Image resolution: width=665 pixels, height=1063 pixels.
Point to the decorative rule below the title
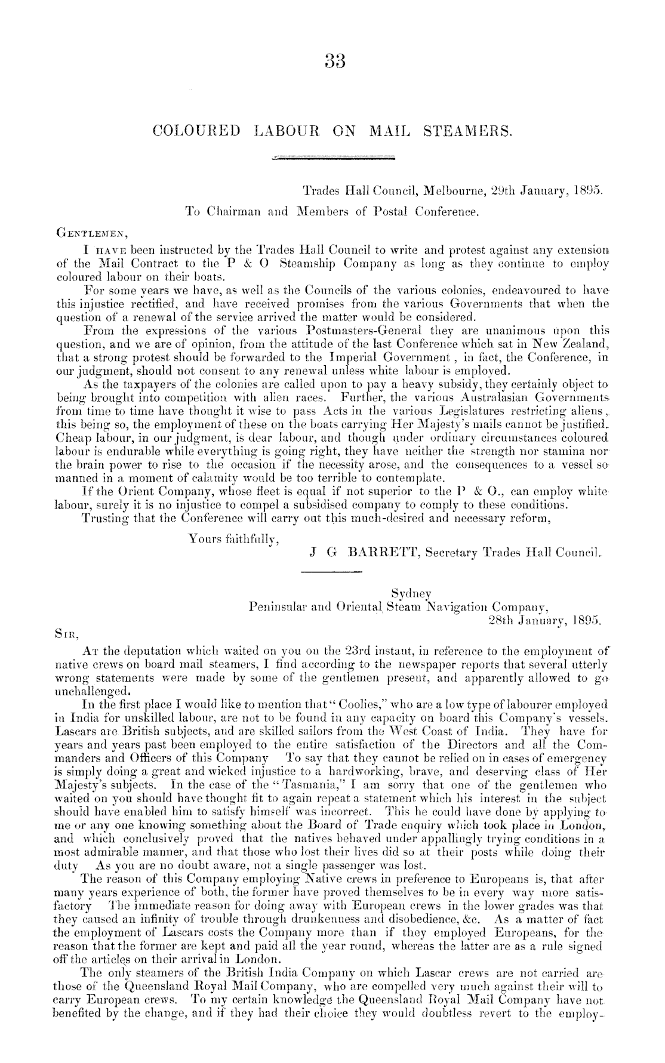click(x=332, y=159)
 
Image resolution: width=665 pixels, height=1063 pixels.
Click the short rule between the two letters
click(x=332, y=573)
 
